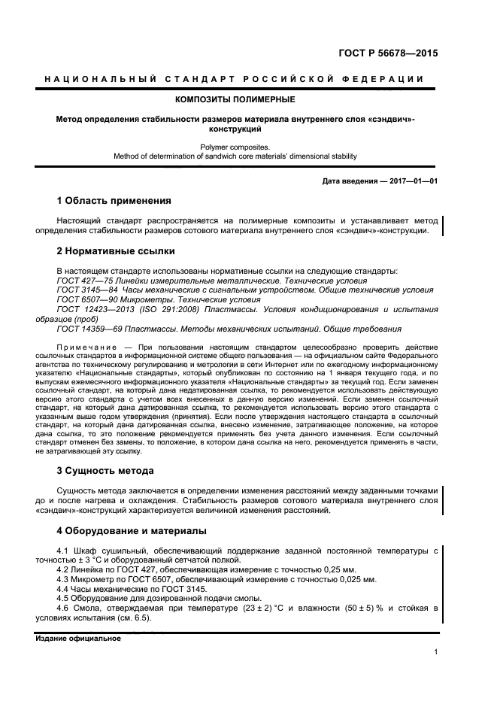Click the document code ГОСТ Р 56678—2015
coord(389,53)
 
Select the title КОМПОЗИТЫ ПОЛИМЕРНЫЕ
coord(235,99)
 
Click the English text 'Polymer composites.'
coord(235,147)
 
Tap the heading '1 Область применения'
coord(114,201)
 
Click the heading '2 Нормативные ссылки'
coord(116,250)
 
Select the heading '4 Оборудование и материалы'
coord(132,530)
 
